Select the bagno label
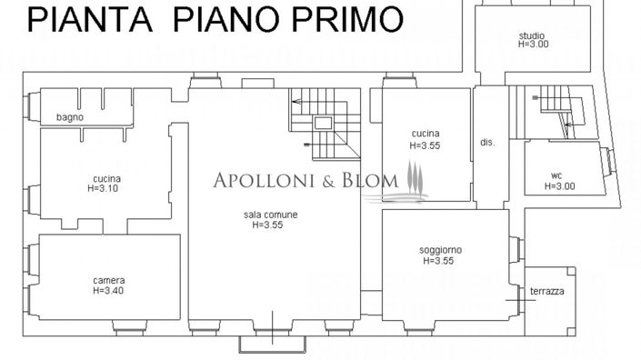point(69,117)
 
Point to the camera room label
point(108,280)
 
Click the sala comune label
point(269,215)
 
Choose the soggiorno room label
point(440,250)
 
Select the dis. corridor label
point(486,143)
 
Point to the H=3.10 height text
point(106,188)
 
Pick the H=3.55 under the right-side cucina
point(425,145)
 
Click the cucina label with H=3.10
point(106,178)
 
